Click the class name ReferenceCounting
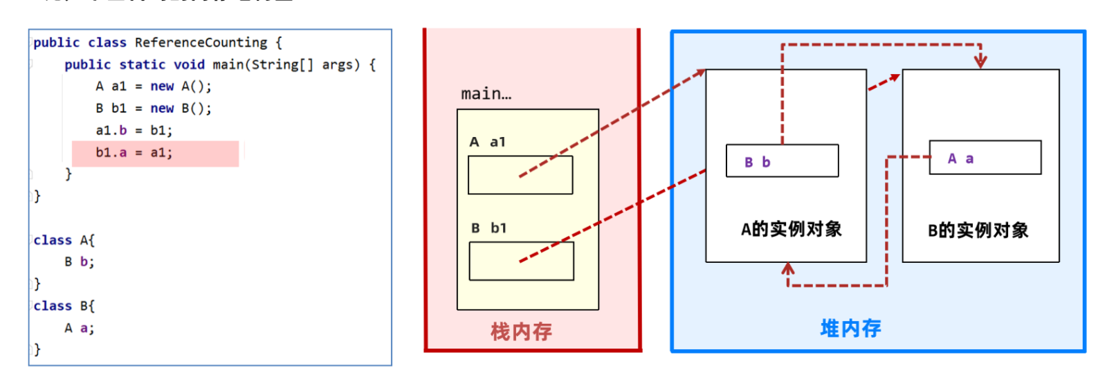(201, 43)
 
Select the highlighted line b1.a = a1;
(134, 153)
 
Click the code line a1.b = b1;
(134, 131)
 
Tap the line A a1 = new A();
(153, 86)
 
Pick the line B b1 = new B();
(153, 108)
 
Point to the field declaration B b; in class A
(79, 261)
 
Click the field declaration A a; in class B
(79, 328)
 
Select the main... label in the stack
(486, 93)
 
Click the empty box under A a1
(520, 175)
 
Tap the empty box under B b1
(522, 261)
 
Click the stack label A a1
(487, 143)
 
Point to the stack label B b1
(488, 228)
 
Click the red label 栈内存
(522, 331)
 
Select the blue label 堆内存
(850, 328)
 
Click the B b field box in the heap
(783, 160)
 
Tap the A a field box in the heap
(985, 158)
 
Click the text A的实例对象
(792, 230)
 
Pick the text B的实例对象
(978, 230)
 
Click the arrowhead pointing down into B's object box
(980, 62)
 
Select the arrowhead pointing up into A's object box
(788, 269)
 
